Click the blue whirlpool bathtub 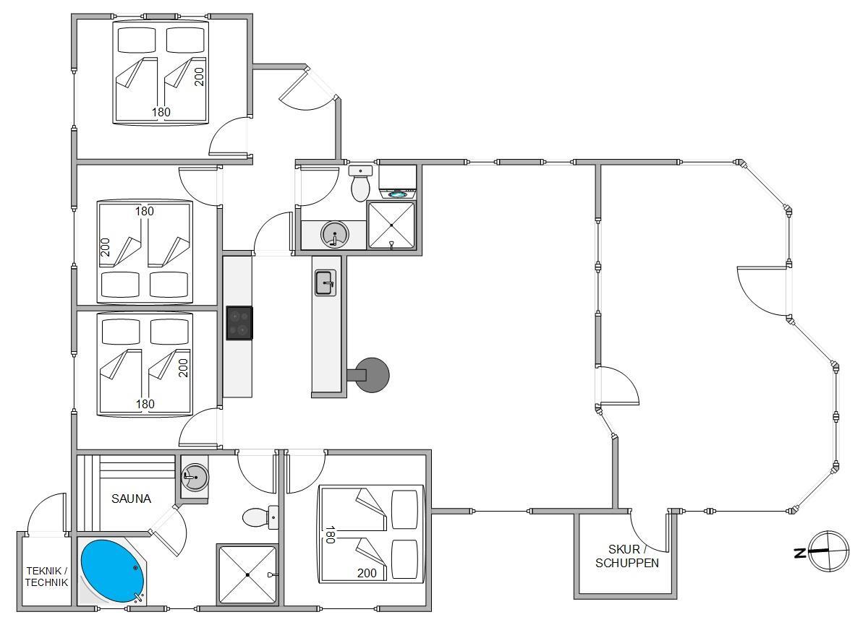click(112, 572)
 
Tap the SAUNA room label click(131, 499)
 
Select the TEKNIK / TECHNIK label click(46, 577)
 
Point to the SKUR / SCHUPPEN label click(627, 556)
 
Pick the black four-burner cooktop click(239, 323)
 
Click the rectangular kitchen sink click(325, 283)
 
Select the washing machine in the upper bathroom click(398, 182)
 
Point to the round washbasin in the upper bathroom click(335, 235)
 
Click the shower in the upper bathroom click(391, 225)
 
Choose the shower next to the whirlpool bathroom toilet click(247, 574)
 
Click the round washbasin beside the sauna click(195, 478)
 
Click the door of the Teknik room click(46, 514)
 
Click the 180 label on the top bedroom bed click(161, 112)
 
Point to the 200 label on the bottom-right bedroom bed click(367, 573)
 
